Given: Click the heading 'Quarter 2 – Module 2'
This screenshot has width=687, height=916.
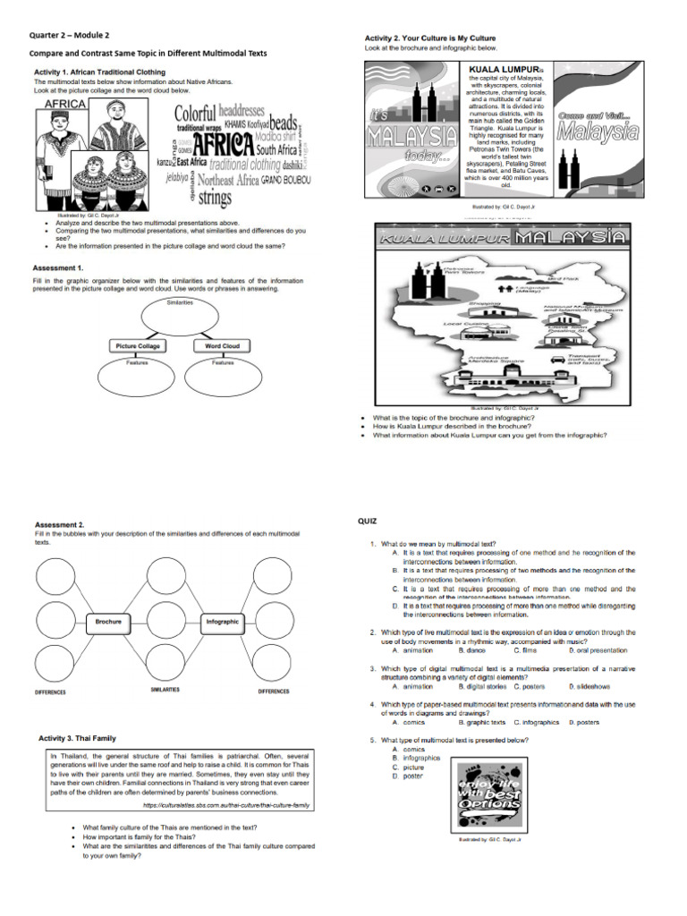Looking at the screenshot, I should pos(69,35).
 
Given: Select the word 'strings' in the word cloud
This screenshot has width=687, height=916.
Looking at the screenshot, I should pos(214,198).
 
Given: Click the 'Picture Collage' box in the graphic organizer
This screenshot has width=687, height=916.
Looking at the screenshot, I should pos(137,345).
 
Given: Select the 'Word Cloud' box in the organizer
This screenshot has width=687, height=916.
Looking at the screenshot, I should pos(222,345).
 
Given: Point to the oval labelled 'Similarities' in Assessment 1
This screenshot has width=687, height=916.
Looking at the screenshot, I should pos(180,316).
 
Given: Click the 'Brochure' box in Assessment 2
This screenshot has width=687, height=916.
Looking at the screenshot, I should pos(109,620).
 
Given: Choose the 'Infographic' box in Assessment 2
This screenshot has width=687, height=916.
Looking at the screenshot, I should pos(223,620).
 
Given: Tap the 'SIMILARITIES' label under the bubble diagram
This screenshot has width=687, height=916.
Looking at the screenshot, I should pos(165,690).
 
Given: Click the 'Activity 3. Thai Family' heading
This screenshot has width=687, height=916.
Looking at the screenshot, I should pos(77,738).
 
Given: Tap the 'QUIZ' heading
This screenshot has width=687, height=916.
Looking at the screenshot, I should pos(368,520).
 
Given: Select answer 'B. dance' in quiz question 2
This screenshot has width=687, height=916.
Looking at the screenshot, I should pos(473,650).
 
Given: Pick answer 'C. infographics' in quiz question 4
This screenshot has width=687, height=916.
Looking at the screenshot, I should pos(536,722).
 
